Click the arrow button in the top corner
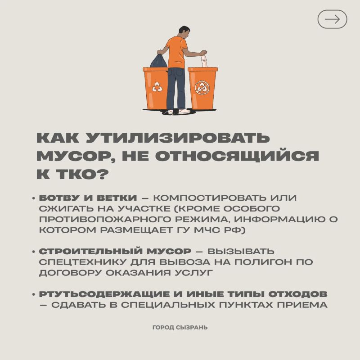332,19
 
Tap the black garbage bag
159,60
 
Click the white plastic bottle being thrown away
204,60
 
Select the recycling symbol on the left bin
157,87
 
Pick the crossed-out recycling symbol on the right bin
202,87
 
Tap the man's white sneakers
179,112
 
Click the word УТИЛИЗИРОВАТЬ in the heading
177,138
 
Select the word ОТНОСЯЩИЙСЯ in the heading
237,156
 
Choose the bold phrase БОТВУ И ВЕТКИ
88,198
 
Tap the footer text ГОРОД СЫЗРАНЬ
180,328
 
